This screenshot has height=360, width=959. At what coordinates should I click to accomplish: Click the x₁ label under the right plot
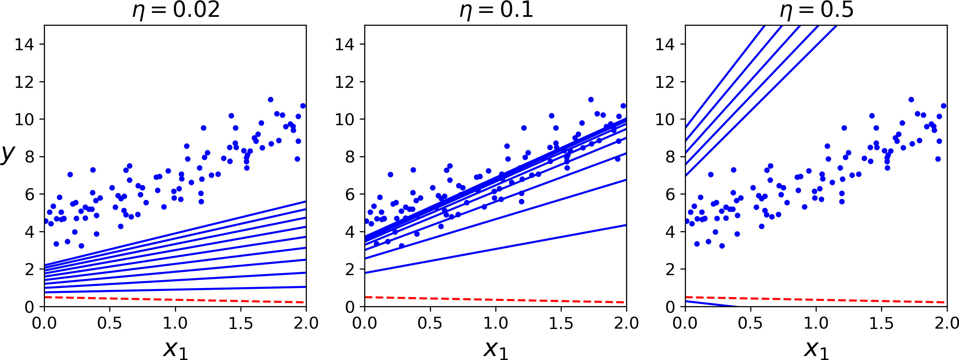click(816, 349)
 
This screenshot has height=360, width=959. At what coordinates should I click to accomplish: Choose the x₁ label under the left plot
click(175, 349)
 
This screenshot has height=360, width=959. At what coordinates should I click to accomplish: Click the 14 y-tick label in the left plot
click(24, 45)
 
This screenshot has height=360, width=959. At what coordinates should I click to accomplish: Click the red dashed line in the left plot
click(175, 300)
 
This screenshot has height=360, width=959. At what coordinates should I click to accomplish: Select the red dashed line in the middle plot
click(495, 300)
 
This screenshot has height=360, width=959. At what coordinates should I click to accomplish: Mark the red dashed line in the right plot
click(815, 300)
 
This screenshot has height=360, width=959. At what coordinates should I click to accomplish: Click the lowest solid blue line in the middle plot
click(495, 249)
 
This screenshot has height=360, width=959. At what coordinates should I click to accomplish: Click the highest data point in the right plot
click(911, 99)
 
